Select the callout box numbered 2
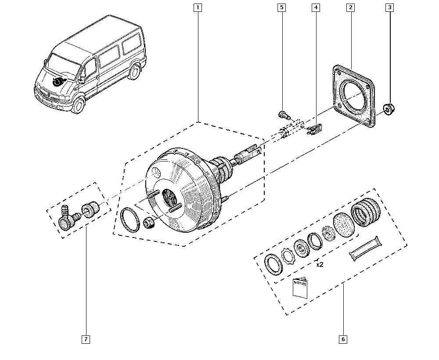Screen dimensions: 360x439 click(350, 7)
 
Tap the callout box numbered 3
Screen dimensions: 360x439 click(389, 7)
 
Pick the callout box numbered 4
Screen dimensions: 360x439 click(315, 7)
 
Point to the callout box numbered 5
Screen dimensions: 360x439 click(281, 7)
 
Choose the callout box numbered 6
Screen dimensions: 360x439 click(343, 339)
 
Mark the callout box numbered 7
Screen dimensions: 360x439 click(86, 339)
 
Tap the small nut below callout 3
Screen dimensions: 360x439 click(389, 108)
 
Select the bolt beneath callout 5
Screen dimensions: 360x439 click(283, 115)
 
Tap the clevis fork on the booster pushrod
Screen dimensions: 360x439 click(251, 153)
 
